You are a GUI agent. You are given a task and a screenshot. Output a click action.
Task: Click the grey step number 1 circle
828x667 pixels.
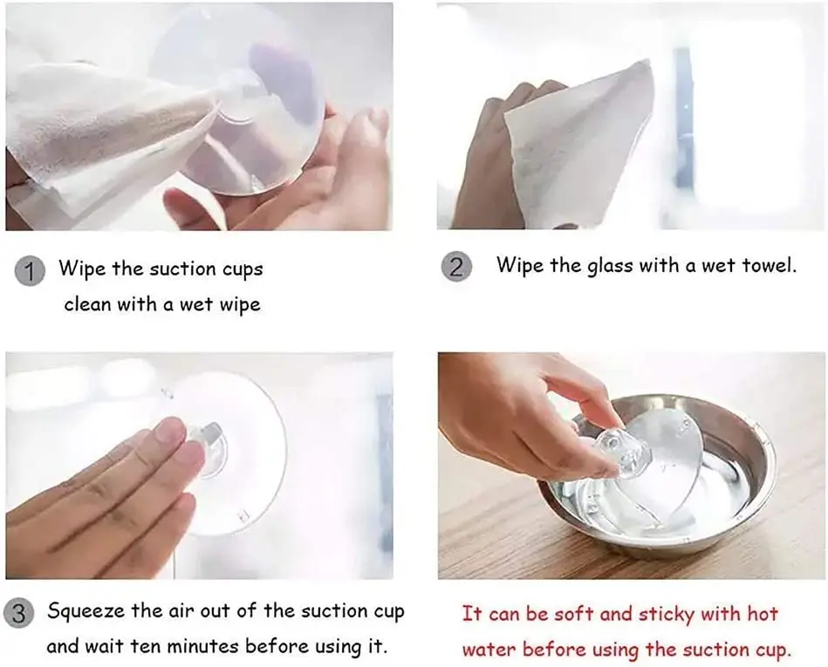pos(30,271)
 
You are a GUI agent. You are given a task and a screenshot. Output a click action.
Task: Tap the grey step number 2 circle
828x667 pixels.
pos(455,266)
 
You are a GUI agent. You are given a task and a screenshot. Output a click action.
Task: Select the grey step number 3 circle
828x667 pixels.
pos(18,614)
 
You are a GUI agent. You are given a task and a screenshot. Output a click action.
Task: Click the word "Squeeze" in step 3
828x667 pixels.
pos(86,612)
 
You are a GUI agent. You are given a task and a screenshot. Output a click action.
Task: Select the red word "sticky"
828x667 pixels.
pos(667,616)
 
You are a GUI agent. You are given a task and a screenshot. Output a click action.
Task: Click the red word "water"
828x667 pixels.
pos(489,650)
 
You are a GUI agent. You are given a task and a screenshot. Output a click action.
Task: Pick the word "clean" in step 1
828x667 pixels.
pos(88,304)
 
